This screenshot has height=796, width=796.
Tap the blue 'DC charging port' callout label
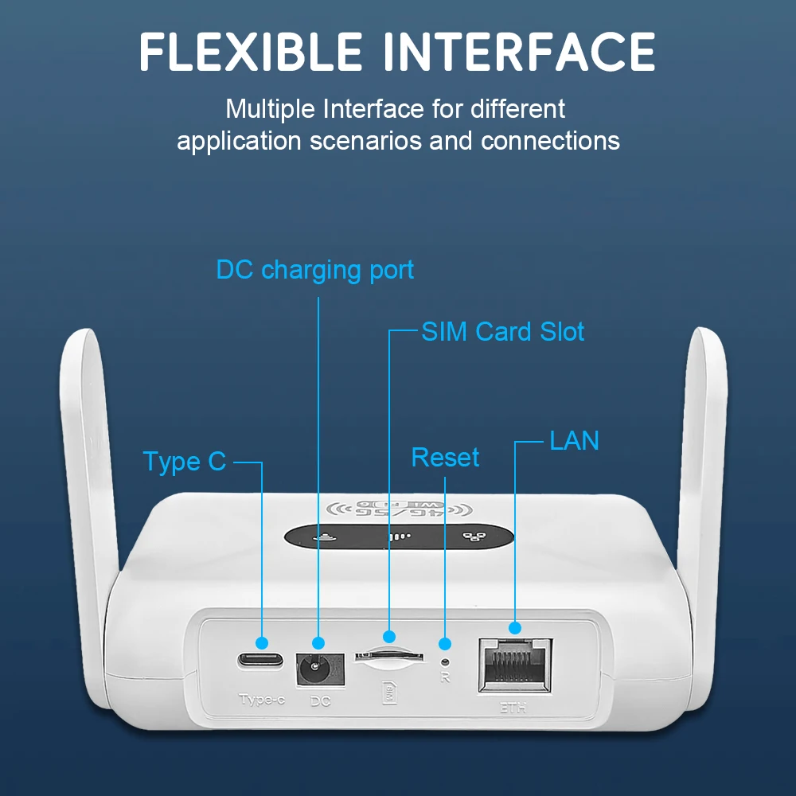(315, 270)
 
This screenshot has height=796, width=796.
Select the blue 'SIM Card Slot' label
(502, 331)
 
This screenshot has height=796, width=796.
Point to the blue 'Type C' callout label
(185, 462)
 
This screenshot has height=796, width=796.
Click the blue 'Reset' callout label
(445, 458)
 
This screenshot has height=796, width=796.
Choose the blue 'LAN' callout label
(574, 440)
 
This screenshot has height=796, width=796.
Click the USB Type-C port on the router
(260, 660)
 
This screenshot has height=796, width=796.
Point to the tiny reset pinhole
(445, 661)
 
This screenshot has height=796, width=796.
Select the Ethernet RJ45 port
(513, 665)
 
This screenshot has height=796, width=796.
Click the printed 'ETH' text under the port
(514, 706)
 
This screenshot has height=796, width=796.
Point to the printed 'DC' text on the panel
(319, 701)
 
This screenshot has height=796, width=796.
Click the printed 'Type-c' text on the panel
(261, 700)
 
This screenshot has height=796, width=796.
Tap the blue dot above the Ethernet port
(514, 627)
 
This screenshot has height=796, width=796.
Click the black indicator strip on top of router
(398, 537)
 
